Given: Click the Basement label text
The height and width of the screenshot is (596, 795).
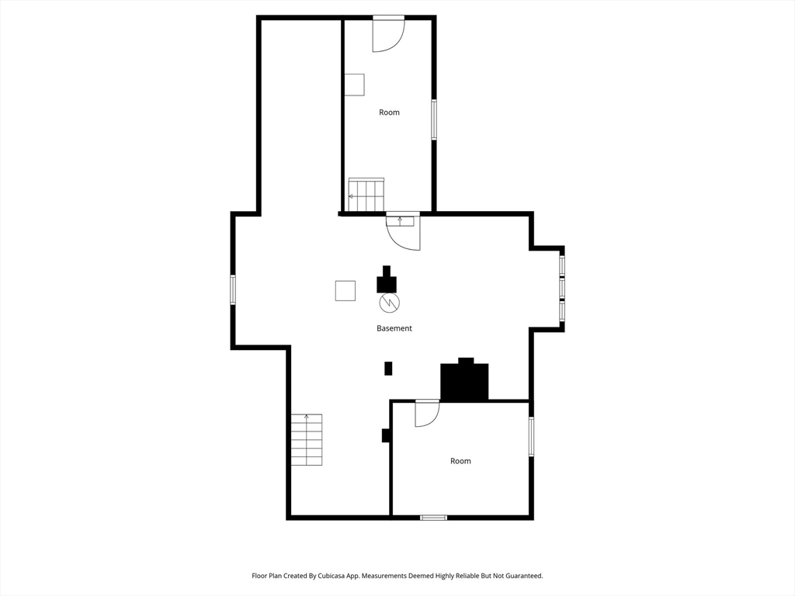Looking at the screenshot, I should click(394, 328).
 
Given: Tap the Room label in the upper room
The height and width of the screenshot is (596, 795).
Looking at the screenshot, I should click(389, 113).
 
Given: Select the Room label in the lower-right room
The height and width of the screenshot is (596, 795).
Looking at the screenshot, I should click(460, 461).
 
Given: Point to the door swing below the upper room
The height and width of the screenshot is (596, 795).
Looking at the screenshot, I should click(404, 233).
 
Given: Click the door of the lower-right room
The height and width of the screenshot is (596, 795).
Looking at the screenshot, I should click(426, 414).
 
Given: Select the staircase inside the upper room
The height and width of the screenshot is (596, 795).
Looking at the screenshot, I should click(366, 195).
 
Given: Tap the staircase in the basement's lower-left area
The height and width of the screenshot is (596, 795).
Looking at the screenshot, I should click(307, 439).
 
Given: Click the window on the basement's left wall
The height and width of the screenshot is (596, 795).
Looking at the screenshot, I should click(232, 289).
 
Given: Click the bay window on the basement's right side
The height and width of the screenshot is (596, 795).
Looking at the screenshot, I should click(562, 289).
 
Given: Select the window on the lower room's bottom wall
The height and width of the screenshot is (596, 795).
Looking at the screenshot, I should click(433, 517).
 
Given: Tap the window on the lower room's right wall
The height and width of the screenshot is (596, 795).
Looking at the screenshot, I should click(532, 436).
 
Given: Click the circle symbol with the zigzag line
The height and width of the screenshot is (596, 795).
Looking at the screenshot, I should click(389, 302).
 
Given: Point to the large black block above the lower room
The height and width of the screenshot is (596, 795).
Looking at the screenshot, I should click(464, 381).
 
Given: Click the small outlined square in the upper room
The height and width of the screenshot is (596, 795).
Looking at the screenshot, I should click(354, 85).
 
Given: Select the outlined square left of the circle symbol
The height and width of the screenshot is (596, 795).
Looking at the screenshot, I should click(345, 290).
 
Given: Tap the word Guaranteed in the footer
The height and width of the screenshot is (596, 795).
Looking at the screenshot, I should click(522, 576).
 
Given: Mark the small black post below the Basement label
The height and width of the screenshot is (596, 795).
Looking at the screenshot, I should click(388, 369).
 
